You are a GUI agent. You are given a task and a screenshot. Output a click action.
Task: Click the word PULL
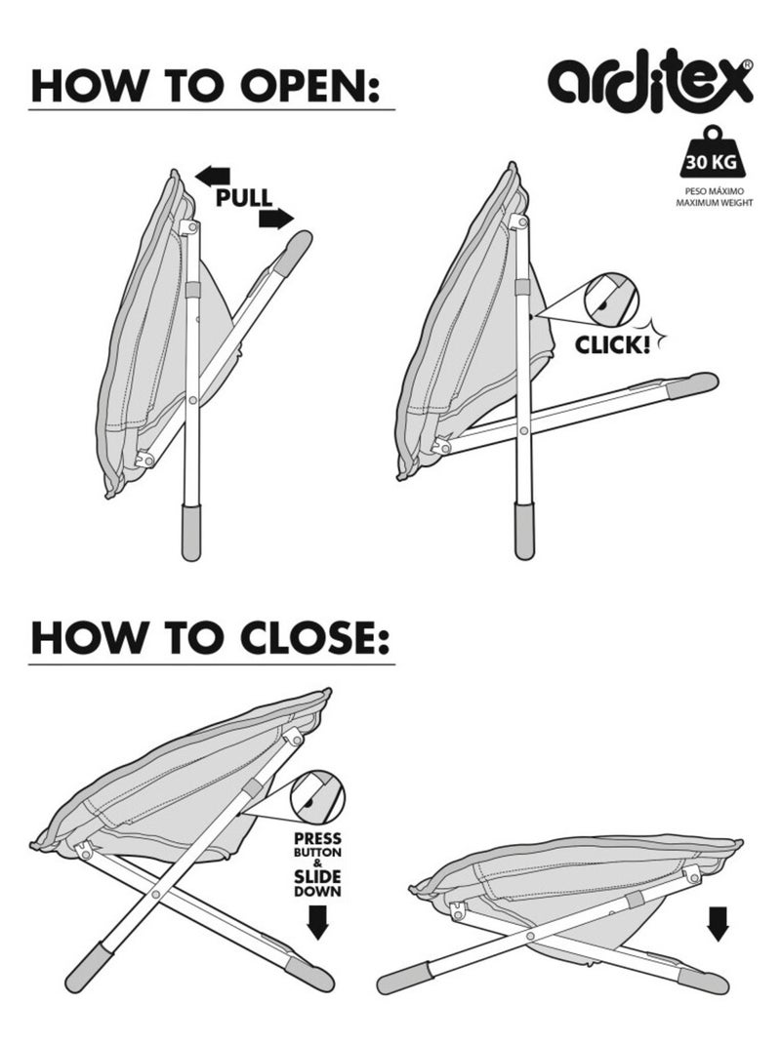[x=244, y=198]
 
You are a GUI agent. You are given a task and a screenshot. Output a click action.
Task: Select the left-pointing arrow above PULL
[x=213, y=177]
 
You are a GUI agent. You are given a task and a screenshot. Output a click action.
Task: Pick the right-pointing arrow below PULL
[x=276, y=219]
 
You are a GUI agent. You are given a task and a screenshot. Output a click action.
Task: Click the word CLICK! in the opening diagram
[x=612, y=344]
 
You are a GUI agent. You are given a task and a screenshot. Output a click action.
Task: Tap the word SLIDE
[x=318, y=877]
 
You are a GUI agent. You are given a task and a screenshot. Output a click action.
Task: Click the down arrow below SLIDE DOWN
[x=318, y=924]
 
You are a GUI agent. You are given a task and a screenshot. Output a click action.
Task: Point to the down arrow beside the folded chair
[x=718, y=924]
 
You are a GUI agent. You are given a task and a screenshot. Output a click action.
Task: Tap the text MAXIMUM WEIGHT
[x=715, y=202]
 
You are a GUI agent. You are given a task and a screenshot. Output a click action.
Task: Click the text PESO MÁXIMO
[x=715, y=191]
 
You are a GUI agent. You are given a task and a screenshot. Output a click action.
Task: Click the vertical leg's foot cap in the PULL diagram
[x=192, y=532]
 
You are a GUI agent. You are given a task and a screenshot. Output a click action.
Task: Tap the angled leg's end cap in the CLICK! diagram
[x=694, y=384]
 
